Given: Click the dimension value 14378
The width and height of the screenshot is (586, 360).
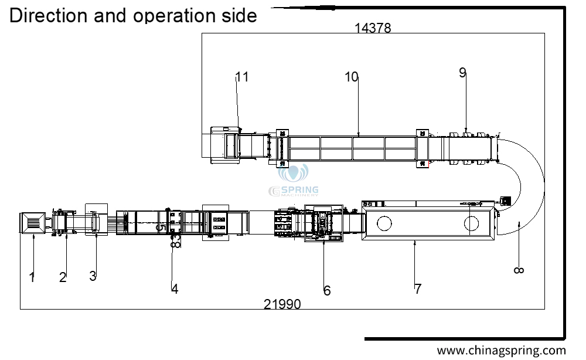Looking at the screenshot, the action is point(373,28).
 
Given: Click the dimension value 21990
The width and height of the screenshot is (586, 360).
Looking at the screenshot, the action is point(282,304).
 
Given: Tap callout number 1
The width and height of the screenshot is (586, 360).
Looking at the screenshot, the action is point(32,277).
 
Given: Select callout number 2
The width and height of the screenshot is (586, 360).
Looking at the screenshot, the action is point(63,277).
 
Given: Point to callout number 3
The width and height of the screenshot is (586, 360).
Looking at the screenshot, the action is point(93,276).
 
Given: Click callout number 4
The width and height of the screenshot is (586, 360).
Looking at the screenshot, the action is point(175,289).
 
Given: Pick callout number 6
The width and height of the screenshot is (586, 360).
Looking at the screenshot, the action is point(327,290).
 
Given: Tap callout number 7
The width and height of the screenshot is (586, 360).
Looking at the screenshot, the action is point(418,289).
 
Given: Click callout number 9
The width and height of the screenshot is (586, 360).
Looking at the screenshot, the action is point(463,73).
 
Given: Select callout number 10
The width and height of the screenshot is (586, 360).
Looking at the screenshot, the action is point(351,77).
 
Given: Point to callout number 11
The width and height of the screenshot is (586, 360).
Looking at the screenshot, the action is point(242,77).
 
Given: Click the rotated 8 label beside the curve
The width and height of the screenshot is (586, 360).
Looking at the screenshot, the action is point(519,270).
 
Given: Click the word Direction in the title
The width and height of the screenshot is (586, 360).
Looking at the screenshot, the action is point(48,16).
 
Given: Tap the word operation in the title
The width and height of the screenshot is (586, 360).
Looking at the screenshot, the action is point(174,16).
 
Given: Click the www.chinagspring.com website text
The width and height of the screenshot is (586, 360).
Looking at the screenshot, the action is point(502,351).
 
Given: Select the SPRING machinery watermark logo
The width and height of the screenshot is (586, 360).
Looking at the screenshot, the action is point(294,181).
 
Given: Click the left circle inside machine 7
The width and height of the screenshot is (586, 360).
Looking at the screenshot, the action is point(384,223).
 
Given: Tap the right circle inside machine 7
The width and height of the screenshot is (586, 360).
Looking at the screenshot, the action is point(471,223).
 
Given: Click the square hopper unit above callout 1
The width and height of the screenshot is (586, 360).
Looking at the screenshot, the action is point(33,223).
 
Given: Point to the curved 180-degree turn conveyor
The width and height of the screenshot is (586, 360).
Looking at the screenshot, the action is point(544,183).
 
